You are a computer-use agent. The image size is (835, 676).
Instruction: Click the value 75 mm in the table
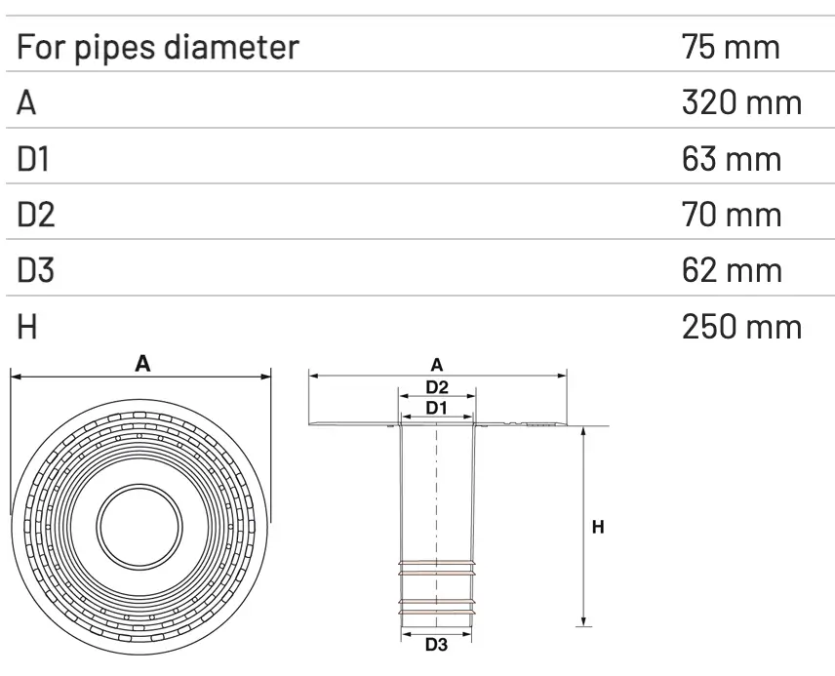[731, 47]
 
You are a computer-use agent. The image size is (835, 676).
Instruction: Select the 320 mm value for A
[740, 102]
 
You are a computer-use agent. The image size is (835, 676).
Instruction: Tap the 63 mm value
[732, 158]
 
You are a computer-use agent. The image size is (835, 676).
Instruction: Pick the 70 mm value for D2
[732, 214]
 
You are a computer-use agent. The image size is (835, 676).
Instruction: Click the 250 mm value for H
[740, 326]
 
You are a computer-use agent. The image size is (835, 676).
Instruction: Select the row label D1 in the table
[33, 158]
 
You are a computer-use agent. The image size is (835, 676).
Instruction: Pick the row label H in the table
[26, 326]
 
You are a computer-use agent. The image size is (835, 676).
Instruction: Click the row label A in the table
[26, 102]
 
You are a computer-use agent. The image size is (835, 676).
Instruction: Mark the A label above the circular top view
[142, 364]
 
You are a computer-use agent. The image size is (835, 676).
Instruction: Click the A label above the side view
[437, 365]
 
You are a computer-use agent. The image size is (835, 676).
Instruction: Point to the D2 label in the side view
[437, 386]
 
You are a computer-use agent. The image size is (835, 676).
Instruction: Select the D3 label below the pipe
[437, 645]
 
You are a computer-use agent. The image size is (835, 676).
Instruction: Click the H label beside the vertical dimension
[599, 527]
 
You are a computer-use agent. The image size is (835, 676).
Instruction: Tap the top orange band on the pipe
[437, 565]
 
